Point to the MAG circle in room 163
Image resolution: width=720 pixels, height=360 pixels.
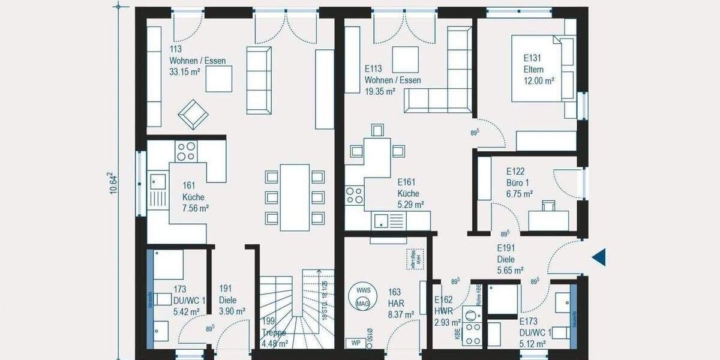coord(362,304)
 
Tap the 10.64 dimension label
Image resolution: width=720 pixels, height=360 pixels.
coord(111,183)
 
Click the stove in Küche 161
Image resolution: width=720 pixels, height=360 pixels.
coord(185,150)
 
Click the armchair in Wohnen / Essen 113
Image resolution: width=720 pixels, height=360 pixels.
coord(193,113)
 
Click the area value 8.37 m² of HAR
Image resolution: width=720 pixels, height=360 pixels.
coord(401,314)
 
